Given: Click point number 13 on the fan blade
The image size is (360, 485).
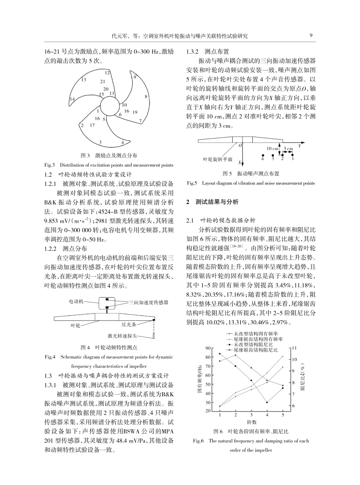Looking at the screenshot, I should click(84, 80).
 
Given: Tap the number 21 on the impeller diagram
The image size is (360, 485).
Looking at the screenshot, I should click(103, 81).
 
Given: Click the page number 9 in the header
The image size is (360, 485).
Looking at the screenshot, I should click(311, 36).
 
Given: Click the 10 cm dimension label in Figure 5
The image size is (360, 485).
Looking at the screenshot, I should click(272, 149).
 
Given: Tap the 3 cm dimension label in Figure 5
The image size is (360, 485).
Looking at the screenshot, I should click(288, 149).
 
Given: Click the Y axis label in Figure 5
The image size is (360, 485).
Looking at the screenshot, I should click(299, 145).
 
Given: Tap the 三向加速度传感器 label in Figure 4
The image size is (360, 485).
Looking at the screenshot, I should click(149, 302).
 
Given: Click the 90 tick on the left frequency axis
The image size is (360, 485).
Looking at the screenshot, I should click(208, 348).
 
